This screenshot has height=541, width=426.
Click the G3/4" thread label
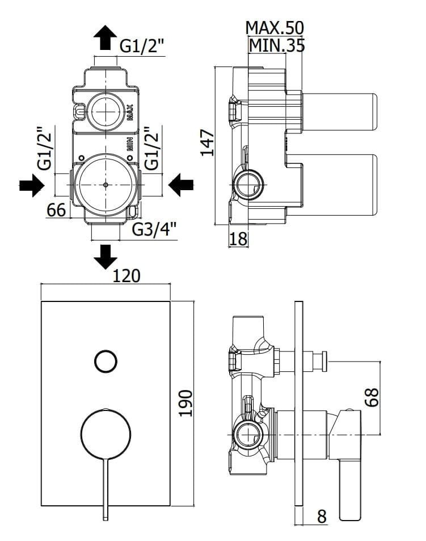(x=154, y=230)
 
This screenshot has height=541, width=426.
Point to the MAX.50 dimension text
(x=275, y=27)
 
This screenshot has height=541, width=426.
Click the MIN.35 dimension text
(x=276, y=45)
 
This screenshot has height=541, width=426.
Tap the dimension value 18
(x=239, y=239)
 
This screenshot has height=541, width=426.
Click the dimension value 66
(x=56, y=210)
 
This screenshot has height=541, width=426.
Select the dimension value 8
(x=322, y=516)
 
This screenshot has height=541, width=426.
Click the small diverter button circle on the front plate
(x=105, y=361)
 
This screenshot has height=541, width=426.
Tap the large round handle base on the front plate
(x=105, y=434)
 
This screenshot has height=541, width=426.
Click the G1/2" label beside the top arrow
(x=142, y=47)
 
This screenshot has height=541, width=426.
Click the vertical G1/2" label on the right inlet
(x=150, y=148)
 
